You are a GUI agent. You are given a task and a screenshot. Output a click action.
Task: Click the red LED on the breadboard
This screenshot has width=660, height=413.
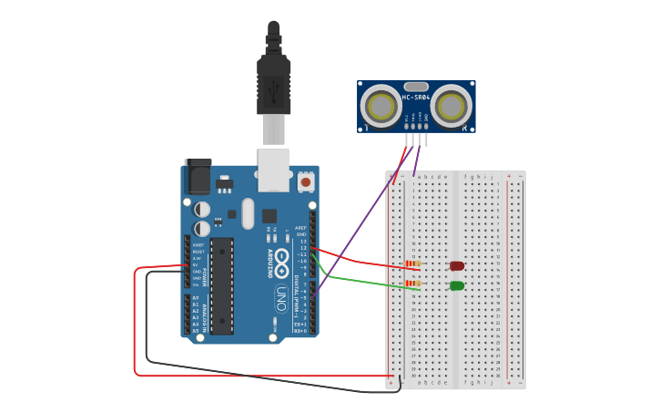457,266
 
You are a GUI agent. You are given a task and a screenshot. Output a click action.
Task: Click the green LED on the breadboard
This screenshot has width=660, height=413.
457,286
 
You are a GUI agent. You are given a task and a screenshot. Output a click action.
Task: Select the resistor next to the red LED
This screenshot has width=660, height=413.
413,264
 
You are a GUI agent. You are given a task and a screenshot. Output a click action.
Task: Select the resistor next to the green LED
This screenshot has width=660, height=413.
413,284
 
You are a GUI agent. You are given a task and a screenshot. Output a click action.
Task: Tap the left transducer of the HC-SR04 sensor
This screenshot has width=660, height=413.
381,107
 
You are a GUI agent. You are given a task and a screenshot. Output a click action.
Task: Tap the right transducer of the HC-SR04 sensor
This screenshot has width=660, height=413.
452,107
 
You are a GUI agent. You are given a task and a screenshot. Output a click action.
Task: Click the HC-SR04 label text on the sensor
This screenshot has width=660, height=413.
416,98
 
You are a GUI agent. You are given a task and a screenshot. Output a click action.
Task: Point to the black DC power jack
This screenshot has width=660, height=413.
198,177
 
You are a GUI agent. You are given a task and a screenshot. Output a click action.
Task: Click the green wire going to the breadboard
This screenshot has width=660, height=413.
364,280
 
